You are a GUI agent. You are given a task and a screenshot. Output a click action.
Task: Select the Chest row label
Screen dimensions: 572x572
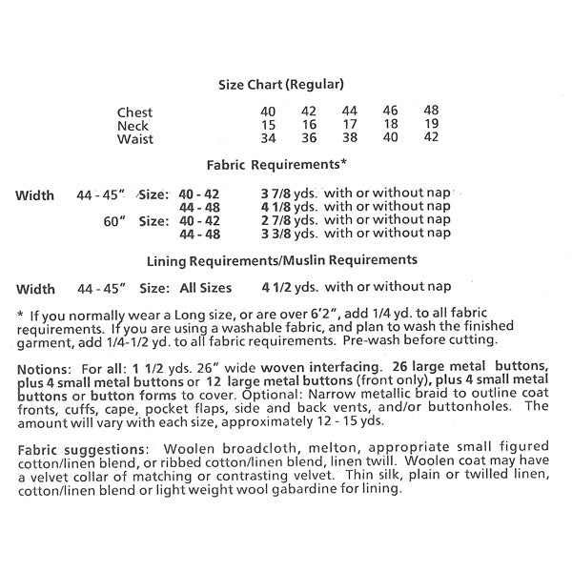pyautogui.click(x=134, y=112)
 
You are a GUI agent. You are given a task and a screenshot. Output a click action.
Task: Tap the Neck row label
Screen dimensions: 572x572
pyautogui.click(x=133, y=126)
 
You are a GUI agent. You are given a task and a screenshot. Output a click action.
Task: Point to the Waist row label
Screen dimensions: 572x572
pyautogui.click(x=134, y=139)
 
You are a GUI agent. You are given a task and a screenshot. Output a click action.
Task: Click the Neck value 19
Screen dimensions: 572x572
pyautogui.click(x=430, y=125)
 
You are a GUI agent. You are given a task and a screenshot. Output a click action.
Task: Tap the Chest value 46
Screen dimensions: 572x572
pyautogui.click(x=390, y=112)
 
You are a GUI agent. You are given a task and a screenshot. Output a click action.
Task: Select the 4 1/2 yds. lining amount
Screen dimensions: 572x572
pyautogui.click(x=290, y=286)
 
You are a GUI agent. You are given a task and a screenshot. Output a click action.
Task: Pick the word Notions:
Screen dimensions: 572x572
pyautogui.click(x=44, y=367)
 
